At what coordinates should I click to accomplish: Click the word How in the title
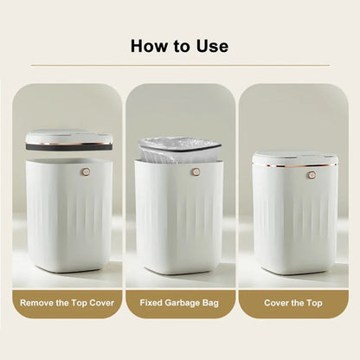[x=148, y=45]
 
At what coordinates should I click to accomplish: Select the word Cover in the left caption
[x=101, y=303]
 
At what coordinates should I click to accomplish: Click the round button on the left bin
[x=86, y=172]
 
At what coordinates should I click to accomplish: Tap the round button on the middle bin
[x=196, y=172]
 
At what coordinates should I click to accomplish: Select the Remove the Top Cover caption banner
[x=67, y=303]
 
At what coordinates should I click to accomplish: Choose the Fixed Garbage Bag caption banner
[x=180, y=303]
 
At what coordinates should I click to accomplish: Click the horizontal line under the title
[x=180, y=65]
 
